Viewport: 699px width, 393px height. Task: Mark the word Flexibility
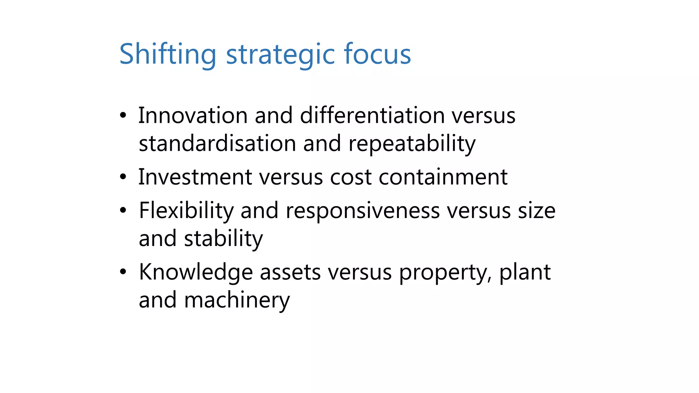tap(186, 211)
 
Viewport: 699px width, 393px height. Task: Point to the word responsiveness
tap(363, 211)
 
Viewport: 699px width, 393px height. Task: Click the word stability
tap(224, 239)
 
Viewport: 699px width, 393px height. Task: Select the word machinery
tap(237, 300)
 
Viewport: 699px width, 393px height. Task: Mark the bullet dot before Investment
tap(123, 177)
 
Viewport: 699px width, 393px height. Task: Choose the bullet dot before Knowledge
tap(123, 272)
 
